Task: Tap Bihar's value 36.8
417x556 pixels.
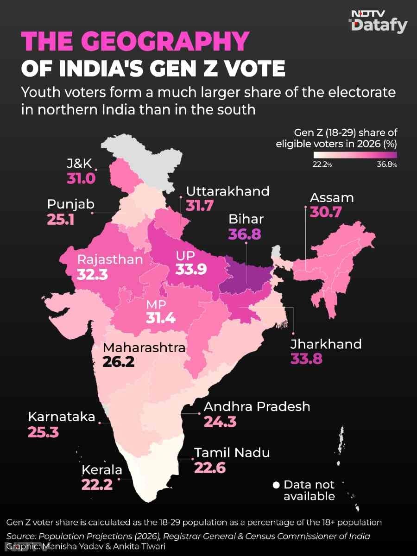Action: coord(244,234)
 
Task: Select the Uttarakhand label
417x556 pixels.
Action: coord(228,191)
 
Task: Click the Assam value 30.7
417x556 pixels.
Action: coord(326,212)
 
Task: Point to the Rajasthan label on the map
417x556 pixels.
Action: coord(110,260)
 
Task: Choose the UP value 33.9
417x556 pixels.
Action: coord(191,270)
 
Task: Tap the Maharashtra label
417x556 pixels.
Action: coord(144,347)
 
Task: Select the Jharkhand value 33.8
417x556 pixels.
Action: coord(306,359)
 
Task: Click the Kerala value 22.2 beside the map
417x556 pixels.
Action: coord(97,485)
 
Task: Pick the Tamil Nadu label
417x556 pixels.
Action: coord(232,453)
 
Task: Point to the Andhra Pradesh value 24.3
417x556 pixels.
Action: coord(220,422)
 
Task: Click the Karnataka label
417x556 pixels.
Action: coord(62,417)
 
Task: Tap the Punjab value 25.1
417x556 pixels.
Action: coord(61,220)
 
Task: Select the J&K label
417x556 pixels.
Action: coord(79,164)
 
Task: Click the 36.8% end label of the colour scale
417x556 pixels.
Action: coord(387,164)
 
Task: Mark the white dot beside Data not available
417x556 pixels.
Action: coord(276,485)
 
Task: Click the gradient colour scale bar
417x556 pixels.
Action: coord(355,155)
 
